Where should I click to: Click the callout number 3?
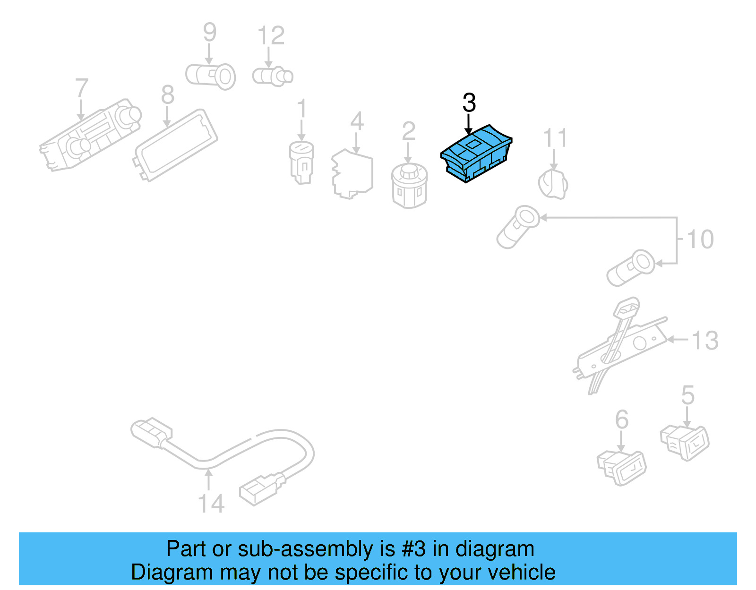point(469,103)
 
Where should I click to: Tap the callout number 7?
point(81,88)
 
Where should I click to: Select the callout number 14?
point(211,504)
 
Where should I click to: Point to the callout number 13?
point(705,341)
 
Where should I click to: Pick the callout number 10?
point(700,239)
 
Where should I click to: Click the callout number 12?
point(271,36)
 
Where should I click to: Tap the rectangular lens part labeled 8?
point(176,145)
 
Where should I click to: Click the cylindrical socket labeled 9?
point(211,76)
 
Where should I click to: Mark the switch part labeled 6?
point(621,466)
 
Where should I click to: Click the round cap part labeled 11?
point(553,184)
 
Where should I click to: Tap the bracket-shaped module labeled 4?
point(352,174)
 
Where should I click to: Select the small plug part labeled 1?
point(301,162)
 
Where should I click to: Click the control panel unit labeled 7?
point(90,134)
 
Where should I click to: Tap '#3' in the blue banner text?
point(413,549)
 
